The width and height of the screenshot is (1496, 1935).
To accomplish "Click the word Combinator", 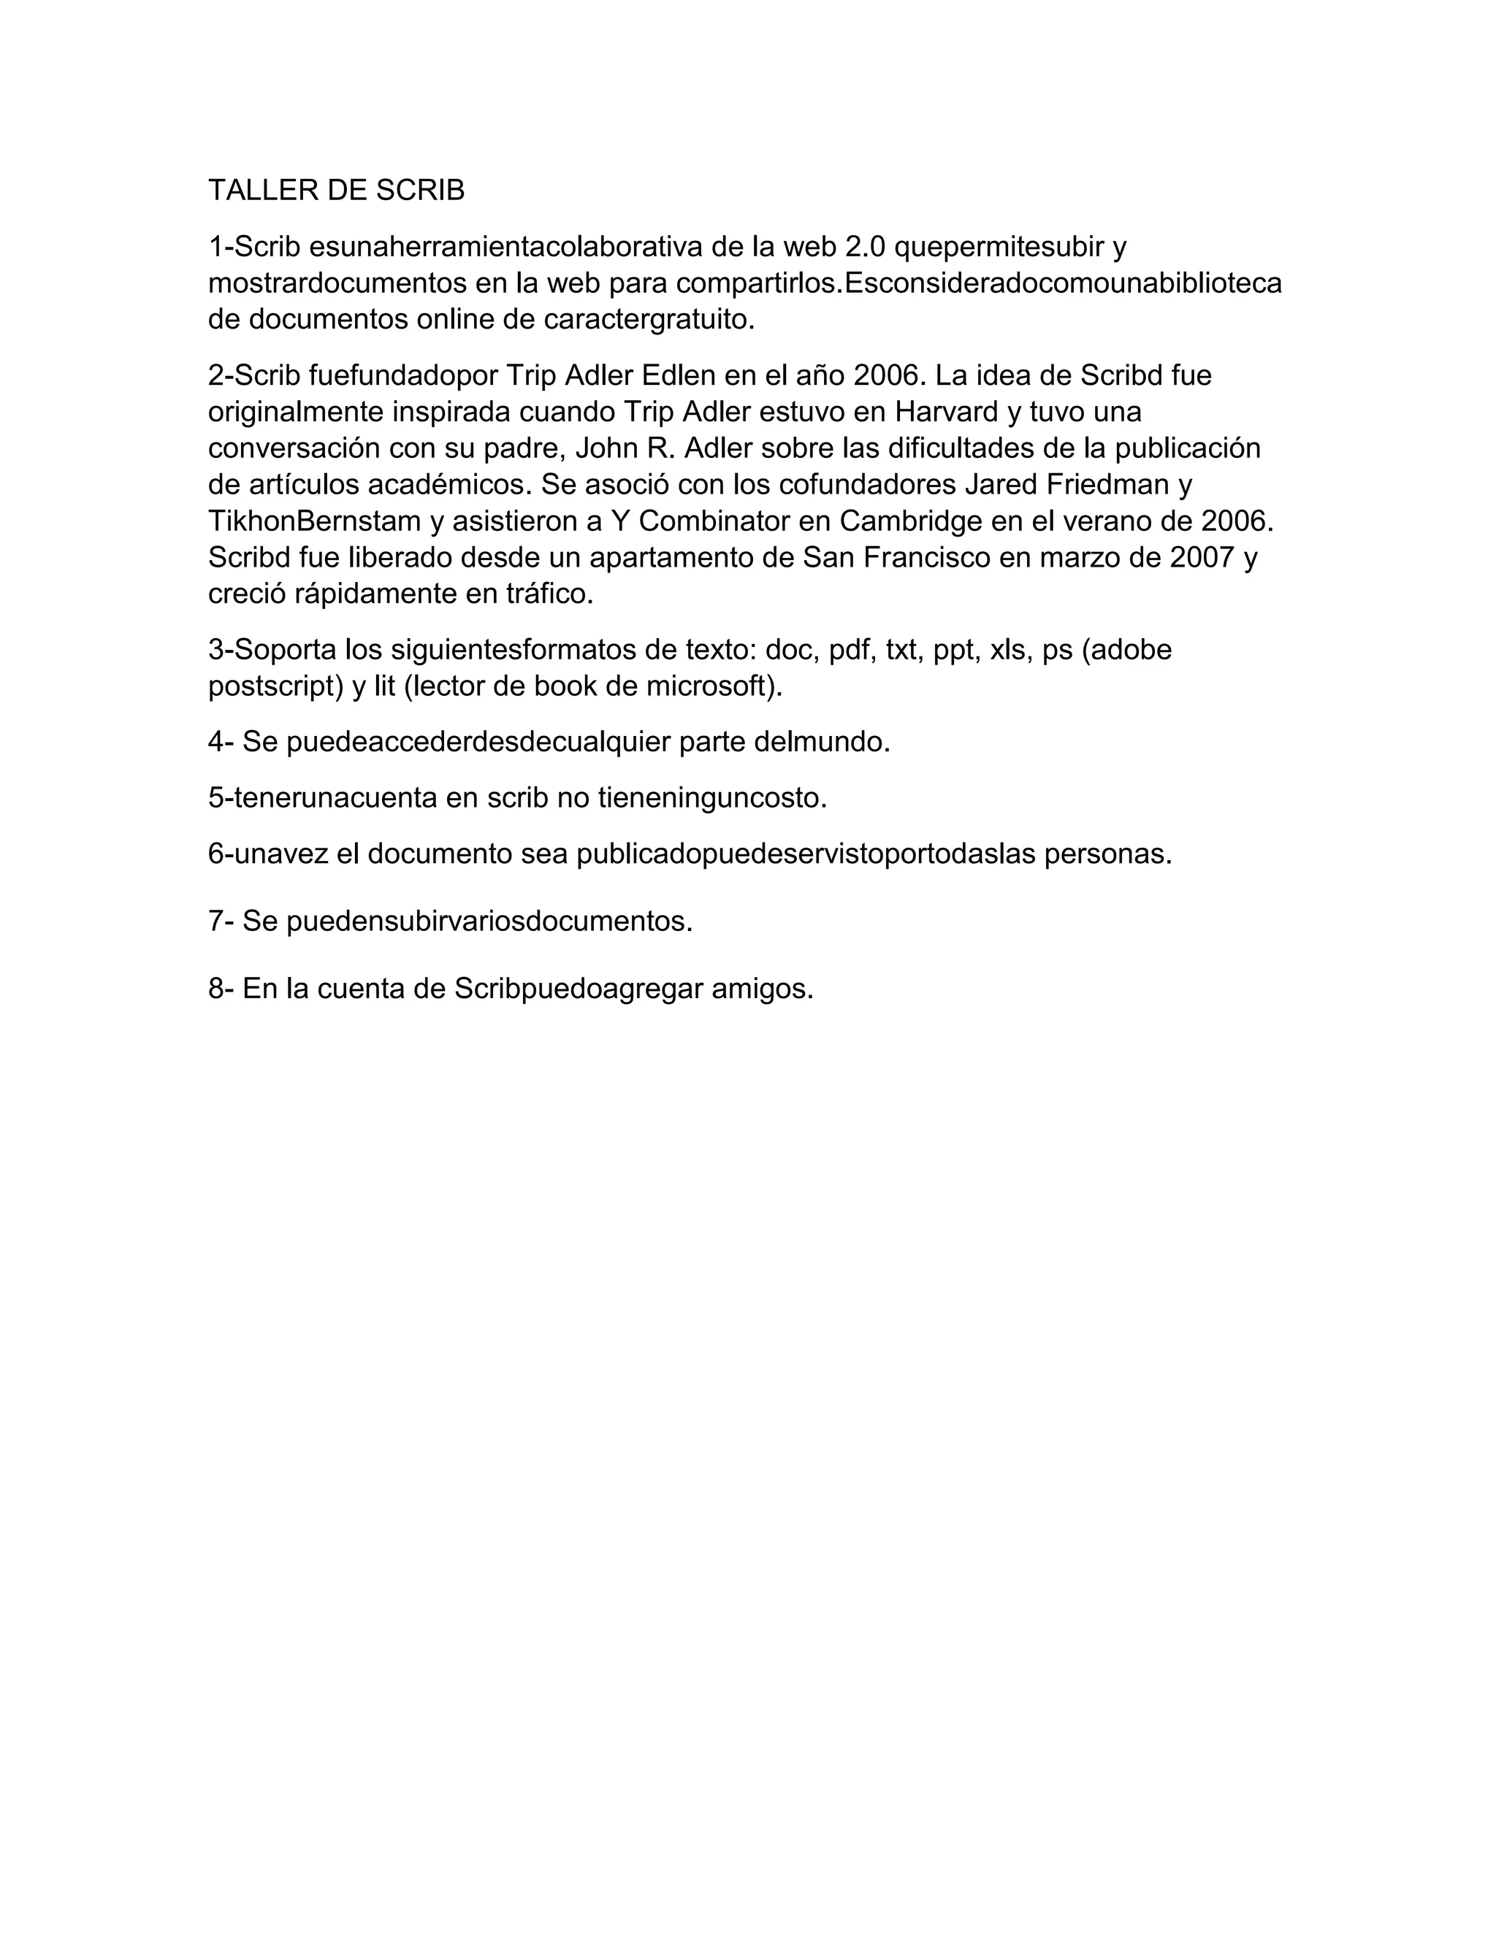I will [x=714, y=521].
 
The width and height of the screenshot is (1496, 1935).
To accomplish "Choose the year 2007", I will [x=1202, y=557].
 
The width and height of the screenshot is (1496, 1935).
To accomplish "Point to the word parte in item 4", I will [x=711, y=742].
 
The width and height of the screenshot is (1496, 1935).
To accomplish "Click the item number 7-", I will [x=221, y=921].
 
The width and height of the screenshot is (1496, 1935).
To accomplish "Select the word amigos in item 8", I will [x=762, y=989].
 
